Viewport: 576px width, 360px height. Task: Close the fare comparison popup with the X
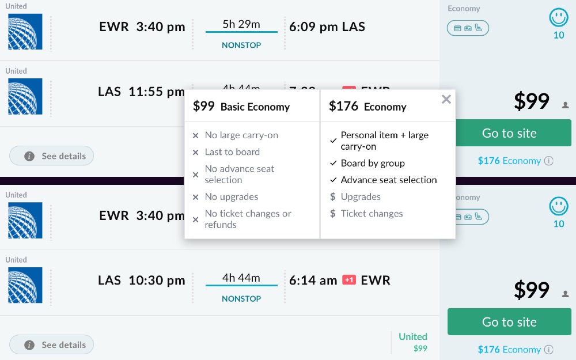(446, 100)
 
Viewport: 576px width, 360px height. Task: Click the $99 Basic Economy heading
(241, 107)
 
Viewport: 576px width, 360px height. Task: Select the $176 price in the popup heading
(343, 107)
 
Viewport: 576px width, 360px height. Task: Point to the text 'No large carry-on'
(241, 135)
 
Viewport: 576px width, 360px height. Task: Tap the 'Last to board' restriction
(232, 152)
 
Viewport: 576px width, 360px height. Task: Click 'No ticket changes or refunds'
(248, 219)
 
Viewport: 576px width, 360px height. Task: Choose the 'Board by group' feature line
(373, 163)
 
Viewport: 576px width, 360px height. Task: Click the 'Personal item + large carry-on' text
(384, 141)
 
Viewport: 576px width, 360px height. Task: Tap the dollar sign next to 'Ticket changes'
(332, 214)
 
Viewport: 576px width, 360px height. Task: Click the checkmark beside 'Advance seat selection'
(333, 180)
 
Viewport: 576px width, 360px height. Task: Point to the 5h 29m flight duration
(241, 24)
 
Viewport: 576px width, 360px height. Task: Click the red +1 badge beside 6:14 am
(348, 280)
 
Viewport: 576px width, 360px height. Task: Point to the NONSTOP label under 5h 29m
(241, 45)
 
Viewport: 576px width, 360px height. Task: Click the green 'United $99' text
(413, 342)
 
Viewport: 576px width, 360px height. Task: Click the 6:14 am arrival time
(313, 281)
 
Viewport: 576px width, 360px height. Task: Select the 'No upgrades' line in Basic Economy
(232, 197)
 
